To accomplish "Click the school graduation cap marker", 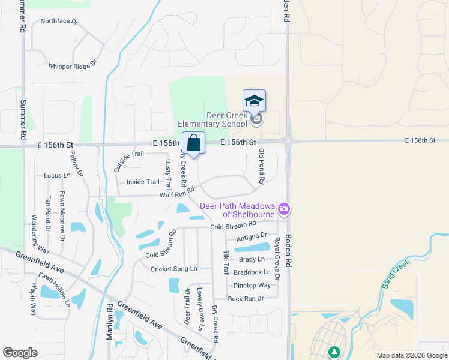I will (254, 100).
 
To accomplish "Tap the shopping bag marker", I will (193, 143).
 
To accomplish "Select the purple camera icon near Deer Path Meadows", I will (284, 209).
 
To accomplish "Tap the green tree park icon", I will (334, 352).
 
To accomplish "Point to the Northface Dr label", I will (59, 22).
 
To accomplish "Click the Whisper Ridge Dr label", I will (73, 64).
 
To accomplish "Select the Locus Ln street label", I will (57, 176).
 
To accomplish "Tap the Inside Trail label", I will (143, 182).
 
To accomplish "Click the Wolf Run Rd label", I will (177, 193).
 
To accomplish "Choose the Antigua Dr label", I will (251, 236).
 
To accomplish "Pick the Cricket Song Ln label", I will (173, 269).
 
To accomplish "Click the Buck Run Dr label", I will (246, 298).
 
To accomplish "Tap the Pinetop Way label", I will (252, 285).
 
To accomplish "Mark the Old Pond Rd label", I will (261, 167).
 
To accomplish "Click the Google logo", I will (20, 352).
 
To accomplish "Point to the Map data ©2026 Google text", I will (411, 355).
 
